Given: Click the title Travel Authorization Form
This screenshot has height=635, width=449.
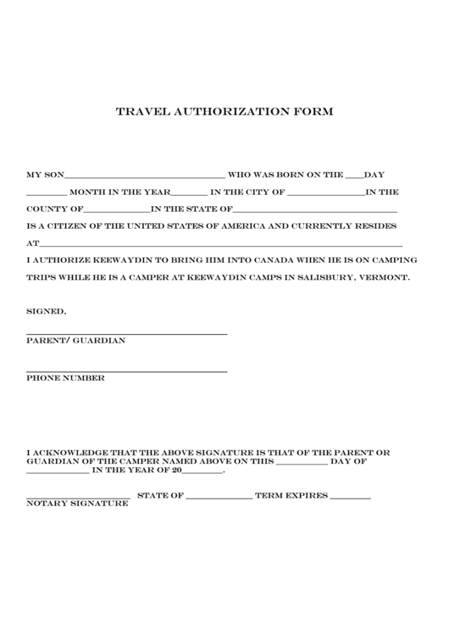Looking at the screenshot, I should point(224,111).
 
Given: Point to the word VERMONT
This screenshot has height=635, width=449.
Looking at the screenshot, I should point(385,277).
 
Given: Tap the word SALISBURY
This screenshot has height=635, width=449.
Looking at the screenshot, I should point(322,277).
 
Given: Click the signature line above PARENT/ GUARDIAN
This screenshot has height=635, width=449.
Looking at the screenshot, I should point(126,334).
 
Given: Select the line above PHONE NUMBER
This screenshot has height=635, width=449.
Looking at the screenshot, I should point(126,371).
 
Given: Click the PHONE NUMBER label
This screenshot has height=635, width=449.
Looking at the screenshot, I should point(65,378).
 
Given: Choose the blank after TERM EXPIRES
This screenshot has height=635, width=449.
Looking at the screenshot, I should point(350,498).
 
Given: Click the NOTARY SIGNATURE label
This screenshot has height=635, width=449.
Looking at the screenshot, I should point(77,504).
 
